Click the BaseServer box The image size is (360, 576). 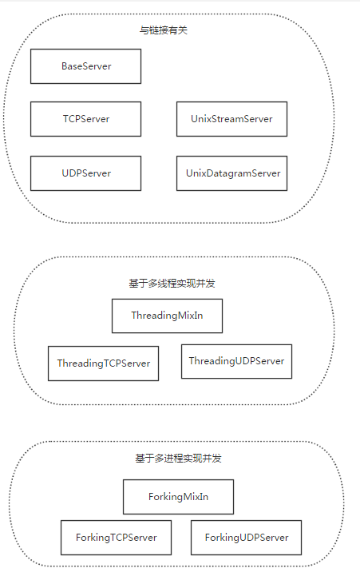click(x=85, y=66)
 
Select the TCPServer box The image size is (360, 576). click(x=85, y=119)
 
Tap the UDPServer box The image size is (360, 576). click(x=85, y=173)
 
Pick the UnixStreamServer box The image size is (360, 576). click(x=231, y=119)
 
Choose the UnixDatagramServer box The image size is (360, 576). click(x=231, y=173)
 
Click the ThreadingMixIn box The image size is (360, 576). click(x=167, y=316)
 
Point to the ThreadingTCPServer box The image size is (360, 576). click(x=103, y=363)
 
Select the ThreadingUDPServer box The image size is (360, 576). click(x=236, y=361)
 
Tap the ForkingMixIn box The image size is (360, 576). click(x=178, y=497)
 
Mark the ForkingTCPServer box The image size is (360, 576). click(x=116, y=538)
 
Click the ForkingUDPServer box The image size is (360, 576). click(x=246, y=538)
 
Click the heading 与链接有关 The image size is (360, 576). click(x=163, y=30)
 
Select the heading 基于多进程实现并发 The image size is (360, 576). click(x=178, y=459)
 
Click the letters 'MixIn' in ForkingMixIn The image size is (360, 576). click(x=194, y=497)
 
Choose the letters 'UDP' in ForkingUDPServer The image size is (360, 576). click(x=248, y=538)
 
